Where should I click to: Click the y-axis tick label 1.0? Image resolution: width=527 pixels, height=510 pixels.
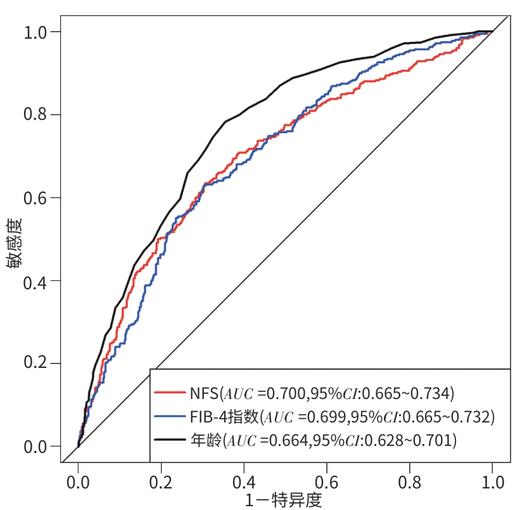click(37, 32)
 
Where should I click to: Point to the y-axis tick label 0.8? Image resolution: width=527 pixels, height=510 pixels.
click(37, 115)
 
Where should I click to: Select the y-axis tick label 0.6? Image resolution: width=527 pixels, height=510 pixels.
click(37, 198)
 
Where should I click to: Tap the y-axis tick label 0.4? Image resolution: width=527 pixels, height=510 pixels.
click(37, 280)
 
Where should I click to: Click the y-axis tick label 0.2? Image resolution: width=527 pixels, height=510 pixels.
click(37, 363)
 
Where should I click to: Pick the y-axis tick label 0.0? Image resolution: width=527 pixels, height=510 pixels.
click(37, 447)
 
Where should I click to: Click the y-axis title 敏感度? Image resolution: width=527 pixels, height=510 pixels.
click(15, 242)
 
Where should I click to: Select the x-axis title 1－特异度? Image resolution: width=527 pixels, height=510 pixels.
click(284, 500)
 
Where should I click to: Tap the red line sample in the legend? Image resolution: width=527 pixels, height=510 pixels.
click(168, 393)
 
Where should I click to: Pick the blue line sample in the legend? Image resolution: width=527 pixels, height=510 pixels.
click(168, 417)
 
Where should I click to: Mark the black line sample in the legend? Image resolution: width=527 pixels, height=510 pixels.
click(168, 440)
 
